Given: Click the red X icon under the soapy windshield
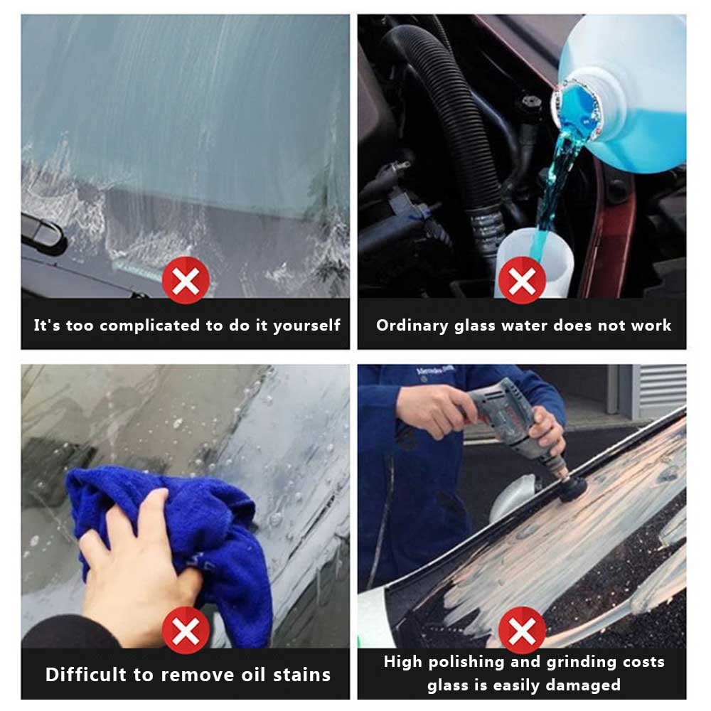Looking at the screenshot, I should coord(186,280).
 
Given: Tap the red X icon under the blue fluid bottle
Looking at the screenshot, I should coord(522,280).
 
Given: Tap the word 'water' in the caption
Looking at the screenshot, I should coord(528,326).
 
